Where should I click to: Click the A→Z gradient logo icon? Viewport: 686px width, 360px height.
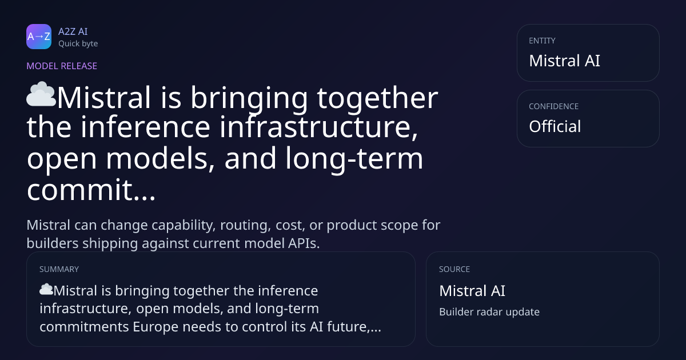pos(39,37)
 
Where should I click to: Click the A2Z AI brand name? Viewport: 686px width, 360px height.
pos(73,31)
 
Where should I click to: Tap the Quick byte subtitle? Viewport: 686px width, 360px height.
pos(78,44)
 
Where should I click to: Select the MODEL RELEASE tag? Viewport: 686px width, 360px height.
pos(62,66)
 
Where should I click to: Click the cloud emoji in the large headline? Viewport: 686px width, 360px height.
pos(41,94)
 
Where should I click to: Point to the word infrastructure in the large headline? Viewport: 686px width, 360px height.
pos(319,127)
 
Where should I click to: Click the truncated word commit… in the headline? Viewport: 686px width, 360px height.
pos(91,190)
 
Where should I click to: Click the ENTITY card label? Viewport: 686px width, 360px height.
pos(542,41)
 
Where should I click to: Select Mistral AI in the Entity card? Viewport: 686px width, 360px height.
pos(564,61)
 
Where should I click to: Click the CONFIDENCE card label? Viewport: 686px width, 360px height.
pos(554,106)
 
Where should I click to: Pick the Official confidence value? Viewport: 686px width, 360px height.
pos(555,126)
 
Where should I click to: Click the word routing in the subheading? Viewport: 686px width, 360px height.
pos(246,226)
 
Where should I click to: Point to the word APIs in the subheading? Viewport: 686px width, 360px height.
pos(304,243)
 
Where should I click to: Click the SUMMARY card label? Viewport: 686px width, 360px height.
pos(59,269)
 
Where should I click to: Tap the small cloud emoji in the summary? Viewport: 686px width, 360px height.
pos(46,289)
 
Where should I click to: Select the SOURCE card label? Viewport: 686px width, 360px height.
pos(454,269)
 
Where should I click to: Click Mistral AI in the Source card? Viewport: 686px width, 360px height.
pos(472,291)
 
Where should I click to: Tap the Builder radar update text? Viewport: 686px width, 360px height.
pos(489,312)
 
